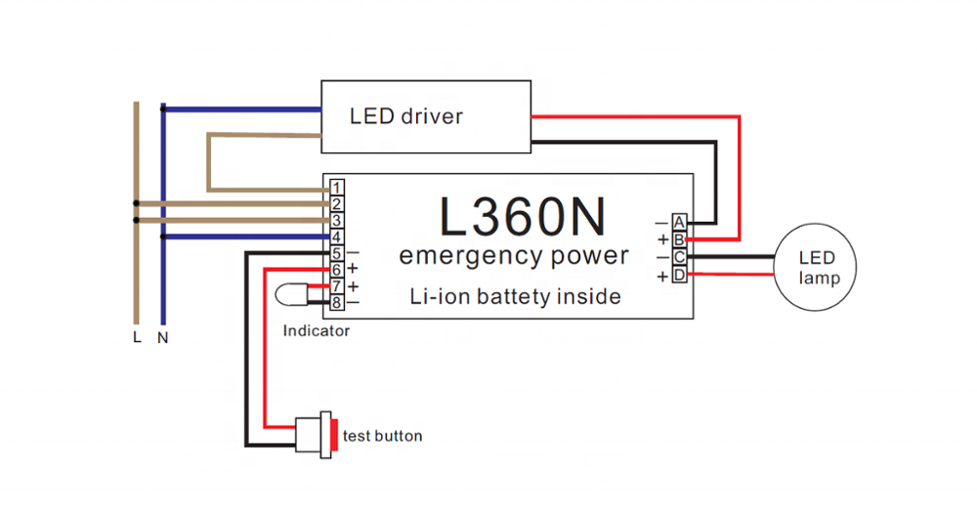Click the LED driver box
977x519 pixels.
click(x=426, y=116)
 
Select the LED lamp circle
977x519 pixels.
click(x=817, y=268)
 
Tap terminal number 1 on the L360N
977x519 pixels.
click(x=335, y=187)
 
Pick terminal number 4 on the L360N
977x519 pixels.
click(x=335, y=237)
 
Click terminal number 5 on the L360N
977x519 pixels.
click(x=335, y=253)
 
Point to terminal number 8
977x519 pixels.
click(x=335, y=303)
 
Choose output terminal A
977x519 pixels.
click(x=678, y=223)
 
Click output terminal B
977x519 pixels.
click(x=678, y=239)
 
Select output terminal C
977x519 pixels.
click(x=678, y=257)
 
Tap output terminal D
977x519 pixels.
click(x=678, y=275)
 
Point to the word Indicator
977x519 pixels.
click(x=316, y=331)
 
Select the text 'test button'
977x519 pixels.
click(x=383, y=436)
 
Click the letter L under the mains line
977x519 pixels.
click(x=137, y=338)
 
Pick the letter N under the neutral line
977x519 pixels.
click(x=163, y=338)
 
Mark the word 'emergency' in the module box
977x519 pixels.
click(x=463, y=257)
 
